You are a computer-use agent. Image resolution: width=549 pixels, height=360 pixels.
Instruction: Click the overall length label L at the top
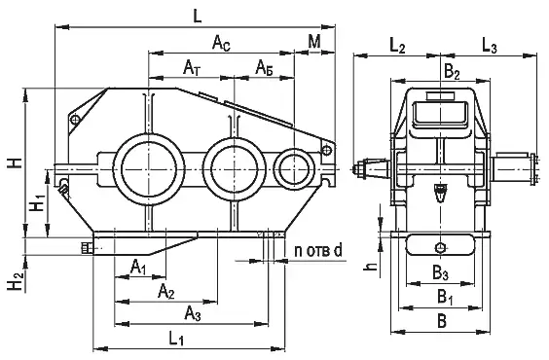[x=198, y=16]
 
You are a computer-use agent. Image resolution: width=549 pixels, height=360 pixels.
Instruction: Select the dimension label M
[x=314, y=41]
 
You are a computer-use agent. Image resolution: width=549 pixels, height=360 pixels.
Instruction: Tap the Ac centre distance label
[x=222, y=44]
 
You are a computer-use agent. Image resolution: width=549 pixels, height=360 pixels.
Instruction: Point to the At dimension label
[x=192, y=67]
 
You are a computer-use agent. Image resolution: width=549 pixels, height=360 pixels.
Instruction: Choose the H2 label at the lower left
[x=17, y=281]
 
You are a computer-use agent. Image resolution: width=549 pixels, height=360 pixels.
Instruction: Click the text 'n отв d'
[x=318, y=251]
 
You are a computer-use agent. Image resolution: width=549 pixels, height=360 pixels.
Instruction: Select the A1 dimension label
[x=138, y=268]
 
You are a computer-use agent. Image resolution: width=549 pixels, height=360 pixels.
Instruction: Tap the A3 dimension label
[x=193, y=312]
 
